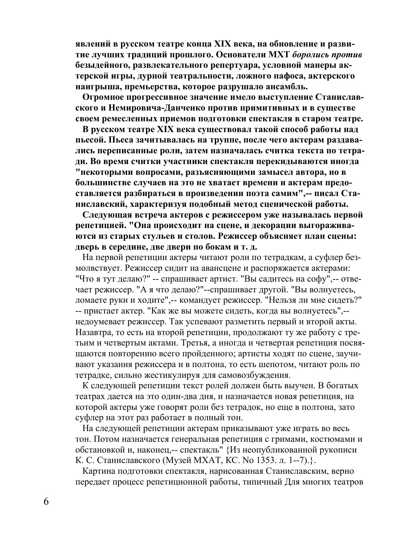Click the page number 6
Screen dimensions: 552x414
click(x=46, y=502)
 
